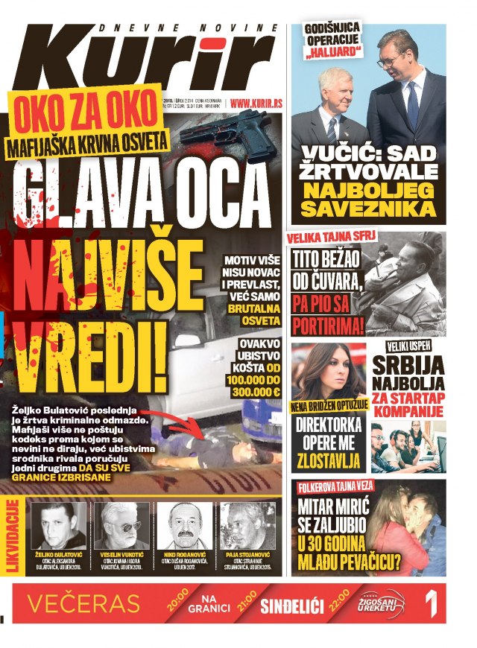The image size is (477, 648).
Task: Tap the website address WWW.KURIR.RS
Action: click(x=258, y=103)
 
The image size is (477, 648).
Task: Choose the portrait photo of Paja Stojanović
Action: click(x=243, y=526)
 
